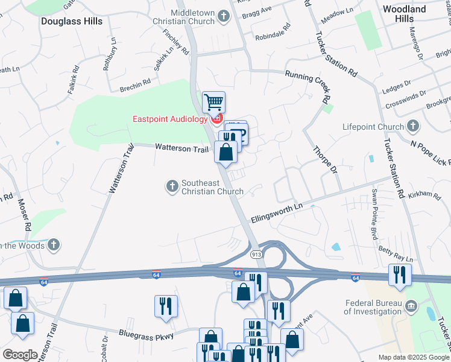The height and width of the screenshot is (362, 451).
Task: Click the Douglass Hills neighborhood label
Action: [72, 21]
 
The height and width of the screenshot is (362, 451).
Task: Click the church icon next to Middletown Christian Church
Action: [224, 16]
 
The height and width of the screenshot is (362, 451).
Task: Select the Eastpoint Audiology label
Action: [170, 118]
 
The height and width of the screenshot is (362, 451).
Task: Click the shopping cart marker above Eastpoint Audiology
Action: [213, 103]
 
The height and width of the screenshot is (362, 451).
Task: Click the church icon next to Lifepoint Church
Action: [413, 127]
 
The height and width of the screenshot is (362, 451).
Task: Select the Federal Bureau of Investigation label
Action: [373, 307]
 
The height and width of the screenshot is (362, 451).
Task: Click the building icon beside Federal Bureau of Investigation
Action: [411, 306]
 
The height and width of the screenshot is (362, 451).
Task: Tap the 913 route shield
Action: [256, 255]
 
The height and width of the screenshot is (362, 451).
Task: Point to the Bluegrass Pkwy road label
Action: [146, 334]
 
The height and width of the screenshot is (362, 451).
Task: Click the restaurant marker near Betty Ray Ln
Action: [399, 275]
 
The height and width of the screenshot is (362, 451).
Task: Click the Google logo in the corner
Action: [20, 355]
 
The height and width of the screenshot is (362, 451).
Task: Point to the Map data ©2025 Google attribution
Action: [413, 357]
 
